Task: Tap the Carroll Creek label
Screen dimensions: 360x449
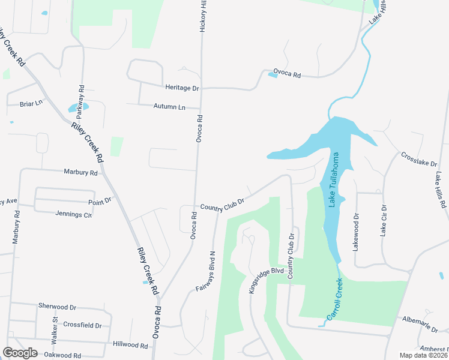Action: click(x=334, y=298)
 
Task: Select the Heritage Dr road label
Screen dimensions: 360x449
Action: click(x=182, y=88)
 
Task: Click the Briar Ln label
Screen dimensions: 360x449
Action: click(x=31, y=103)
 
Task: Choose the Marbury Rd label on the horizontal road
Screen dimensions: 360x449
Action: click(x=80, y=172)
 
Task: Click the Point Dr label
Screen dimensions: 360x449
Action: click(x=99, y=200)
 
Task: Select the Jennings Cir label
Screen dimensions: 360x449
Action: click(x=73, y=214)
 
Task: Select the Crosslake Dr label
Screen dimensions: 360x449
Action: click(x=418, y=161)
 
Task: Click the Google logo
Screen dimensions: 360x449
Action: click(x=20, y=353)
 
